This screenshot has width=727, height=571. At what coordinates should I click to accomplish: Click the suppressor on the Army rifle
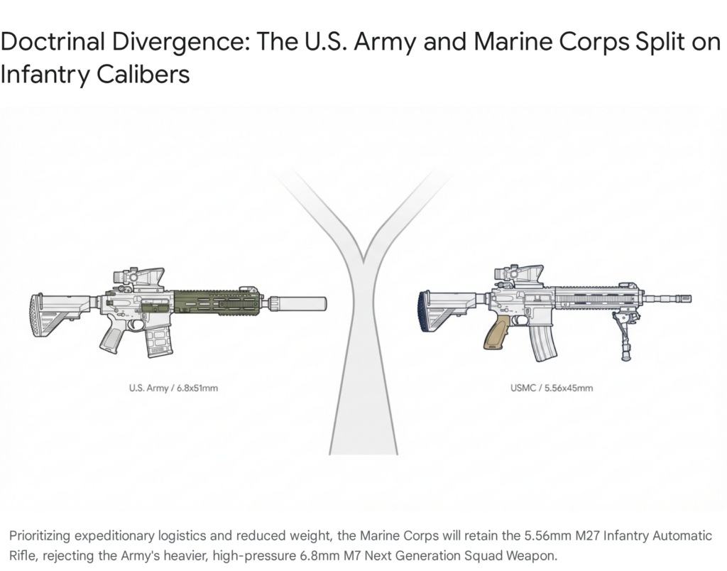pyautogui.click(x=297, y=304)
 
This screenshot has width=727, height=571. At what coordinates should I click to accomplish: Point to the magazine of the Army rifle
pyautogui.click(x=159, y=340)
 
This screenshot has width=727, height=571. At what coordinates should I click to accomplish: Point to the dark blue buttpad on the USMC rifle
pyautogui.click(x=425, y=312)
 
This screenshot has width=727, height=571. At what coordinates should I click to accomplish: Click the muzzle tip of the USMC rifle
pyautogui.click(x=690, y=298)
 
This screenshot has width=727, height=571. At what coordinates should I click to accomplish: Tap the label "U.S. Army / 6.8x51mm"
pyautogui.click(x=173, y=388)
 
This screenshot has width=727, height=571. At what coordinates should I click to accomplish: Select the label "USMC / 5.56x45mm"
pyautogui.click(x=552, y=388)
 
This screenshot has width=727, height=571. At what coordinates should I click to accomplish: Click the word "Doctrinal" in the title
pyautogui.click(x=53, y=42)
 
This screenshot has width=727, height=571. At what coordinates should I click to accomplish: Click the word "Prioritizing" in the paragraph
pyautogui.click(x=40, y=537)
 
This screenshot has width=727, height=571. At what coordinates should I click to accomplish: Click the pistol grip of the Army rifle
pyautogui.click(x=112, y=336)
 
